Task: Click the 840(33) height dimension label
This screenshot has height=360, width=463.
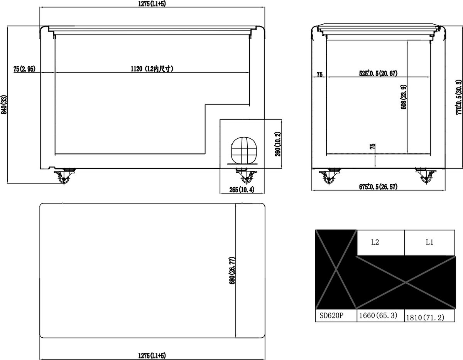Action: pyautogui.click(x=4, y=104)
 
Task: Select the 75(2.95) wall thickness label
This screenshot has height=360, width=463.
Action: pyautogui.click(x=24, y=69)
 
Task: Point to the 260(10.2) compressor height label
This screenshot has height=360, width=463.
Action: pyautogui.click(x=278, y=144)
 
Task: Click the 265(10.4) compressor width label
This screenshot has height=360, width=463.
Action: pyautogui.click(x=242, y=190)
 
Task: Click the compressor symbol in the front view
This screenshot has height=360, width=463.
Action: pyautogui.click(x=244, y=151)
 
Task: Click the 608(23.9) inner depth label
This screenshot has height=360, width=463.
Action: pyautogui.click(x=404, y=97)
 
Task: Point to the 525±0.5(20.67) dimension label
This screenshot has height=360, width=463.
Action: pyautogui.click(x=378, y=73)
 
